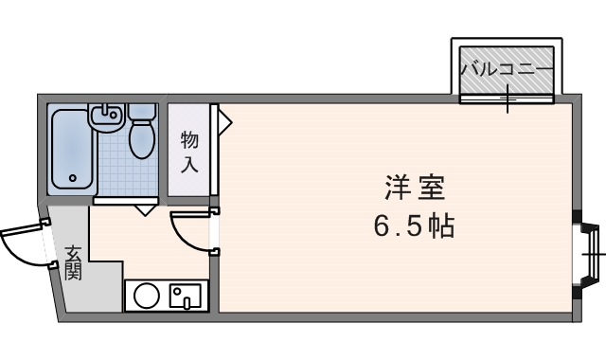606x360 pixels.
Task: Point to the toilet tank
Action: [x=142, y=112]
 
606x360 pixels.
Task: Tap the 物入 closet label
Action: [x=189, y=152]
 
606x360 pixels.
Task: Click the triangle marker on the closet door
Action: [x=224, y=120]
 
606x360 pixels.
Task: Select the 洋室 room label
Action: [x=415, y=189]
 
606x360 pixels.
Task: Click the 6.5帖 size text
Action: [x=414, y=227]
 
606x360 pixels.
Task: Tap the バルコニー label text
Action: [x=506, y=68]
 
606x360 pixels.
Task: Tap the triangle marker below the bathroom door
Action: [x=143, y=208]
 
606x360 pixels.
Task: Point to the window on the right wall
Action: [x=593, y=254]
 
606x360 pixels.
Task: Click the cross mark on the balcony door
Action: [x=508, y=97]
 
